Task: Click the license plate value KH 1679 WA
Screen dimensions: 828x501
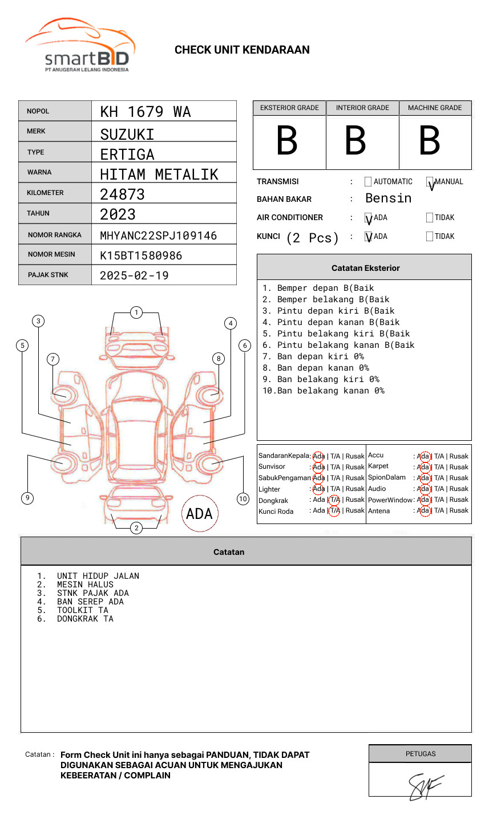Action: (146, 112)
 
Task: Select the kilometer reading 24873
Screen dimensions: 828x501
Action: (123, 194)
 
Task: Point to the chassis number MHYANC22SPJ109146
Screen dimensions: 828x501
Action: (159, 236)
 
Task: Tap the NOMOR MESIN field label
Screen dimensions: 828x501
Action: (51, 254)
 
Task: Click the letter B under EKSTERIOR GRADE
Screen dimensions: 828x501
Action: (287, 141)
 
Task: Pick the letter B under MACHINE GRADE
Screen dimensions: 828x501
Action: (430, 141)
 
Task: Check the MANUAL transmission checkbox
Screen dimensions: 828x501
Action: (430, 182)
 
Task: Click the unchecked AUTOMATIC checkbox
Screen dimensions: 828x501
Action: (368, 182)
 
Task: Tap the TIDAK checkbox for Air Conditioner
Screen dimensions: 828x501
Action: (430, 218)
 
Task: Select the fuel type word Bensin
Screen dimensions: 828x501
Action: (388, 198)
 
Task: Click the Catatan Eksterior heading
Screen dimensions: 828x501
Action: (365, 268)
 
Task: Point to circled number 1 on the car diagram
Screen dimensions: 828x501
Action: (136, 312)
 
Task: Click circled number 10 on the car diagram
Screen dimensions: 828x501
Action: (243, 499)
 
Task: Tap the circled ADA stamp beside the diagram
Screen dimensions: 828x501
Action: (199, 514)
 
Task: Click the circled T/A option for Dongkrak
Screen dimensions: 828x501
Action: (334, 500)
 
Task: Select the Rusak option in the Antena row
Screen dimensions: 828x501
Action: (459, 510)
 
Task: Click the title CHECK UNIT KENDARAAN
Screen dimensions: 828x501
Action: (242, 50)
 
